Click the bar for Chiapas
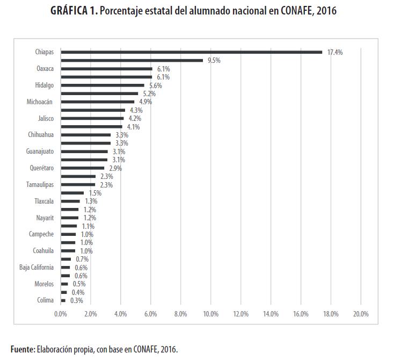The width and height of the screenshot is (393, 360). tap(191, 52)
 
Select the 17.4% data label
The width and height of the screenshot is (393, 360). tap(334, 52)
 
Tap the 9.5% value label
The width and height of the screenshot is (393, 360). tap(213, 61)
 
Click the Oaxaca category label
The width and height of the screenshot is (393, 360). tap(45, 69)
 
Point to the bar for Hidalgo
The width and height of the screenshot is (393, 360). tap(103, 85)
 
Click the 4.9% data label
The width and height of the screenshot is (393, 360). tap(145, 102)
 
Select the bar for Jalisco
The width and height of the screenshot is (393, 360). tap(92, 118)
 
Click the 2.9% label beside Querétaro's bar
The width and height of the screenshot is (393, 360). tap(115, 168)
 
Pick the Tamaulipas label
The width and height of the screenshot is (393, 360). tap(40, 185)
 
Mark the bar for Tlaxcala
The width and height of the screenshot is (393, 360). tap(70, 201)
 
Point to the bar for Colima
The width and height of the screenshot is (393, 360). tap(63, 300)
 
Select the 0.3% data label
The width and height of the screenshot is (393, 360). tap(77, 300)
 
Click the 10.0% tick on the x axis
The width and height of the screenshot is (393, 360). tap(210, 314)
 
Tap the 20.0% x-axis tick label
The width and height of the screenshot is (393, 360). tap(360, 314)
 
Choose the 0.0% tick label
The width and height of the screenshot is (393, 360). tap(61, 314)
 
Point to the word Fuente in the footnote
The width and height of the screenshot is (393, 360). tap(22, 349)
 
